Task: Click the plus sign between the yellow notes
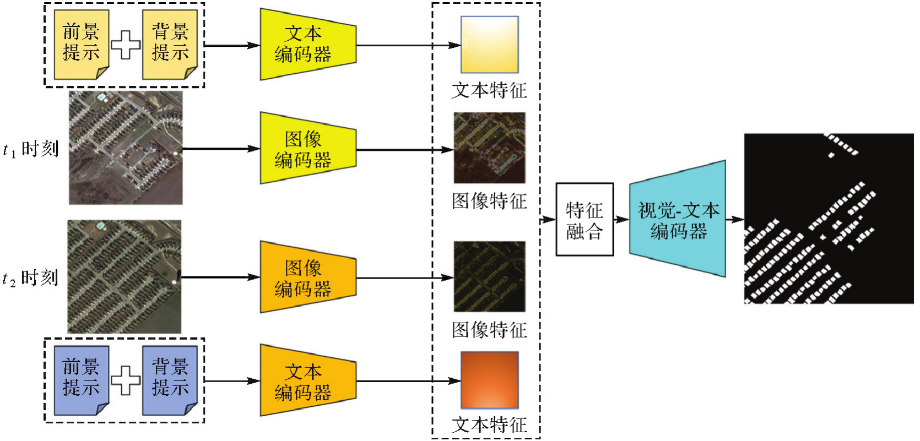pos(126,45)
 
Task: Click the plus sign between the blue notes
pos(126,380)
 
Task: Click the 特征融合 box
pos(585,219)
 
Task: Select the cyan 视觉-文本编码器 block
pos(678,219)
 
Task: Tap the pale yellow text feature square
pos(489,45)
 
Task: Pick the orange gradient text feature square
pos(489,380)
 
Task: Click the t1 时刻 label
pos(31,149)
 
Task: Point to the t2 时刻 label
pos(31,278)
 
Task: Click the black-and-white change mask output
pos(829,219)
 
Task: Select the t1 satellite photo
pos(126,148)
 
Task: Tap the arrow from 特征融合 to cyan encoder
pos(621,219)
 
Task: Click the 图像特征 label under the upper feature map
pos(489,201)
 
